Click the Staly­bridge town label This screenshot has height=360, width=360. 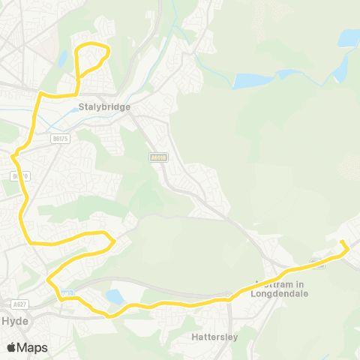tap(104, 107)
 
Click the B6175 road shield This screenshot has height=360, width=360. tap(59, 138)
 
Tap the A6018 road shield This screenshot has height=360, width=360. tap(156, 158)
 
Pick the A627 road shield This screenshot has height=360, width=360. tap(20, 304)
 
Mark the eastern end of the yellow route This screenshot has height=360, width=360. tap(342, 242)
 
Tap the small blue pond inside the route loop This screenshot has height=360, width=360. tap(62, 58)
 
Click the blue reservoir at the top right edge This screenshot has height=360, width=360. tap(349, 37)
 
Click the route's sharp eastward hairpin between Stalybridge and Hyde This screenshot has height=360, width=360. tap(112, 241)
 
